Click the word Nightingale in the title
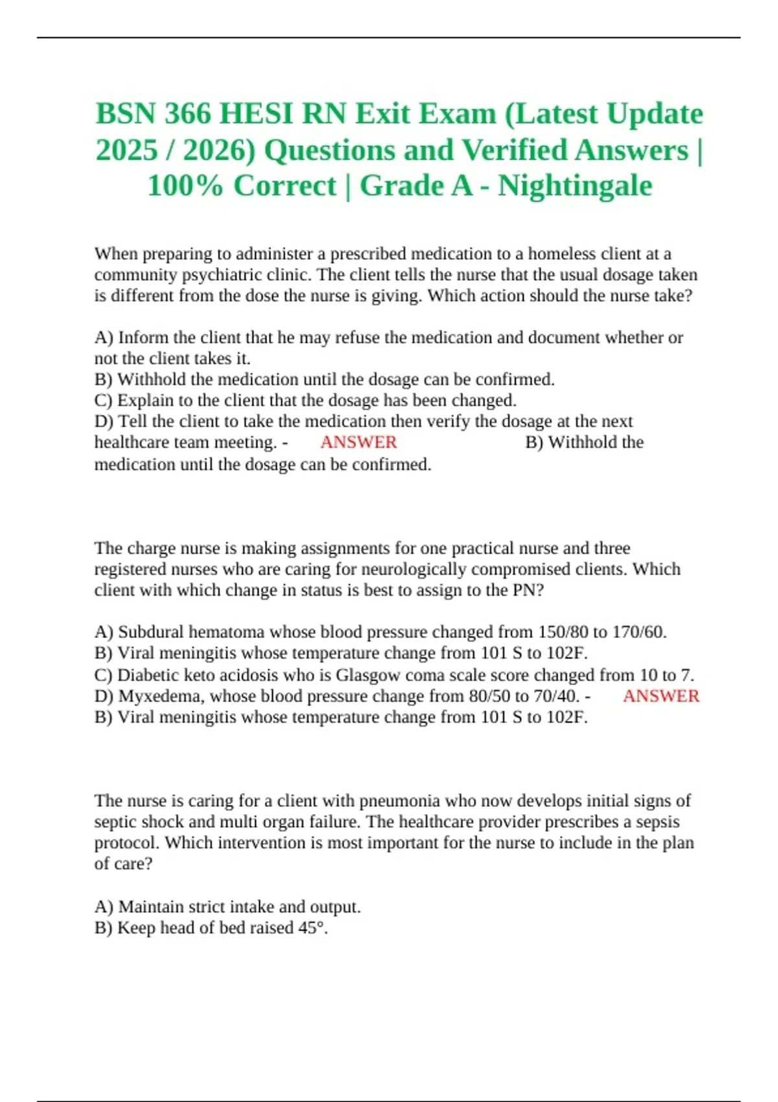coord(575,186)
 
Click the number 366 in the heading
coord(188,114)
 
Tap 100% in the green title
coord(185,186)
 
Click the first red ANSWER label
coord(358,442)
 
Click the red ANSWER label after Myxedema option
coord(661,696)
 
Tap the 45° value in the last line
coord(312,928)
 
